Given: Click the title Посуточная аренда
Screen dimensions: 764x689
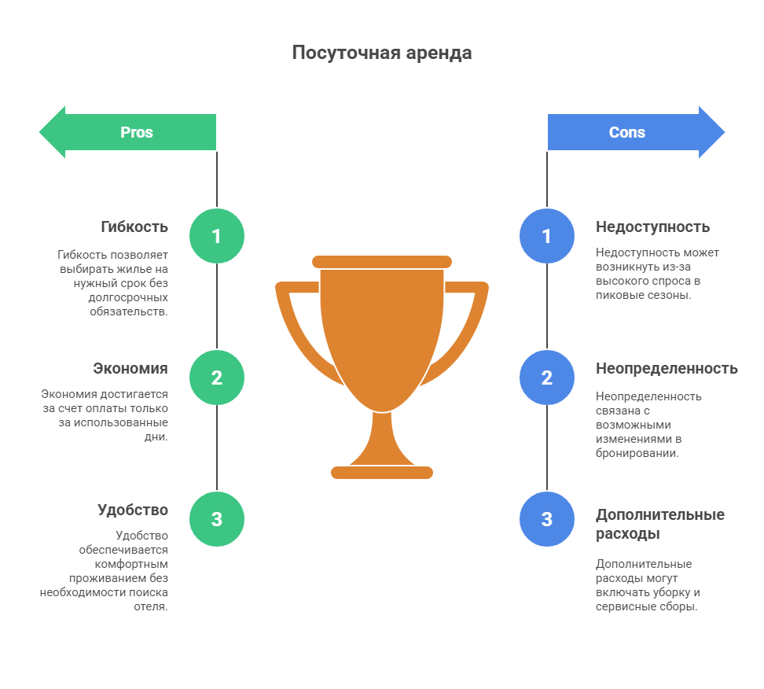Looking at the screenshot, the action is (x=382, y=53).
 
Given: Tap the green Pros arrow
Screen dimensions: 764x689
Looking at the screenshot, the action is (x=127, y=132).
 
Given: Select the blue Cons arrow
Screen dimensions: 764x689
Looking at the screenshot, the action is (x=637, y=132).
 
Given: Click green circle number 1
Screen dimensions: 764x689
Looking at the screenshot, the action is (x=217, y=236).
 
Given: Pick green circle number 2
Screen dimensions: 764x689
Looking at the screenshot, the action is (x=217, y=378).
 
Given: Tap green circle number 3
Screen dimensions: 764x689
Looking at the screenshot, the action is (x=217, y=519).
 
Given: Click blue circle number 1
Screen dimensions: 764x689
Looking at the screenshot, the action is (x=547, y=236).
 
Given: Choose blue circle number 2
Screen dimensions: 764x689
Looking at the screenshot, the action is (x=547, y=378).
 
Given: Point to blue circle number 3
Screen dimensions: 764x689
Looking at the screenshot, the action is (x=547, y=519).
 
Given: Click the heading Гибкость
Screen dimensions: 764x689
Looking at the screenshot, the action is (x=134, y=227).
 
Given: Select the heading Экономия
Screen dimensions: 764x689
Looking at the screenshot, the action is (x=130, y=369).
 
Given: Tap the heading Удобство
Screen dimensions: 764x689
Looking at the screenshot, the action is (x=133, y=510).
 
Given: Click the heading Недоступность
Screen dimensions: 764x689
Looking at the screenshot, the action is (x=653, y=227).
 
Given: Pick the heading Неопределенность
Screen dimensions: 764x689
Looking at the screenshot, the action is (x=667, y=369).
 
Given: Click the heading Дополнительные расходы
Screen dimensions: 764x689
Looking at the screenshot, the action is (x=660, y=524).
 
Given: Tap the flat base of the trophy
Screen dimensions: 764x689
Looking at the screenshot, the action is (x=382, y=473).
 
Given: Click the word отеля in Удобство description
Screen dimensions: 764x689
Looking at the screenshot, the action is (x=151, y=606).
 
